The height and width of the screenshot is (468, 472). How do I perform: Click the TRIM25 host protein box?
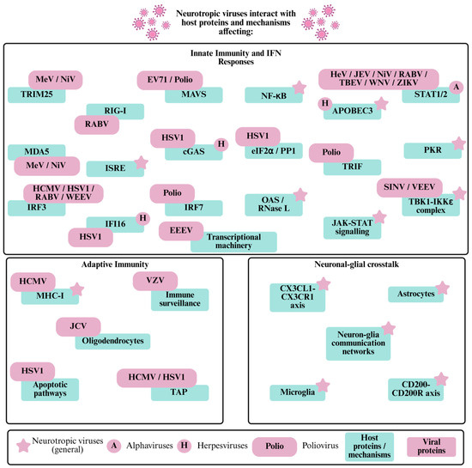click(x=36, y=95)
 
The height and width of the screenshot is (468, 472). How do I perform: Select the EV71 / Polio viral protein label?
click(x=170, y=80)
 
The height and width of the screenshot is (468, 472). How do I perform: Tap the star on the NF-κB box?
click(x=300, y=88)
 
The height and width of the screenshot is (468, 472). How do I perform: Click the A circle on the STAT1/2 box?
click(x=457, y=88)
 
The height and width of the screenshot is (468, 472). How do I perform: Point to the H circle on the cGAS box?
click(x=221, y=144)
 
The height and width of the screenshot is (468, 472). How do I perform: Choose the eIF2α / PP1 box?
click(x=274, y=151)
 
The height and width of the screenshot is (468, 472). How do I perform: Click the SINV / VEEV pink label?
click(x=409, y=187)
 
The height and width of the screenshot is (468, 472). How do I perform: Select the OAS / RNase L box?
click(x=274, y=204)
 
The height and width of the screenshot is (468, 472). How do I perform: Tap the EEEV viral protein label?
click(x=181, y=231)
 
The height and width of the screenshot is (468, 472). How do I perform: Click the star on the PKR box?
click(x=459, y=143)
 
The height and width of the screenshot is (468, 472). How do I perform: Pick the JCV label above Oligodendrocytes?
click(x=78, y=326)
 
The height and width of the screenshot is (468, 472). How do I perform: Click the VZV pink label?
click(x=155, y=281)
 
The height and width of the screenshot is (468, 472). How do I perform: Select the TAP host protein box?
click(x=179, y=392)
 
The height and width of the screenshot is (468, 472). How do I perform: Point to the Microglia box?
click(x=298, y=392)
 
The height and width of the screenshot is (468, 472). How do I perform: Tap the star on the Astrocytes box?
click(x=443, y=288)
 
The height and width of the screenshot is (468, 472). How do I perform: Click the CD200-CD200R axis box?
click(x=415, y=390)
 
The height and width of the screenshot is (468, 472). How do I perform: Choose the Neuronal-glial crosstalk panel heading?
click(x=357, y=264)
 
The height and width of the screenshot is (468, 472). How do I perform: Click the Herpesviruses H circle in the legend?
click(x=185, y=446)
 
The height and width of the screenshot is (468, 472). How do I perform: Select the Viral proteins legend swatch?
click(x=432, y=447)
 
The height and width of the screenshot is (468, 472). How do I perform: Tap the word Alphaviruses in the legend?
click(x=149, y=446)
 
